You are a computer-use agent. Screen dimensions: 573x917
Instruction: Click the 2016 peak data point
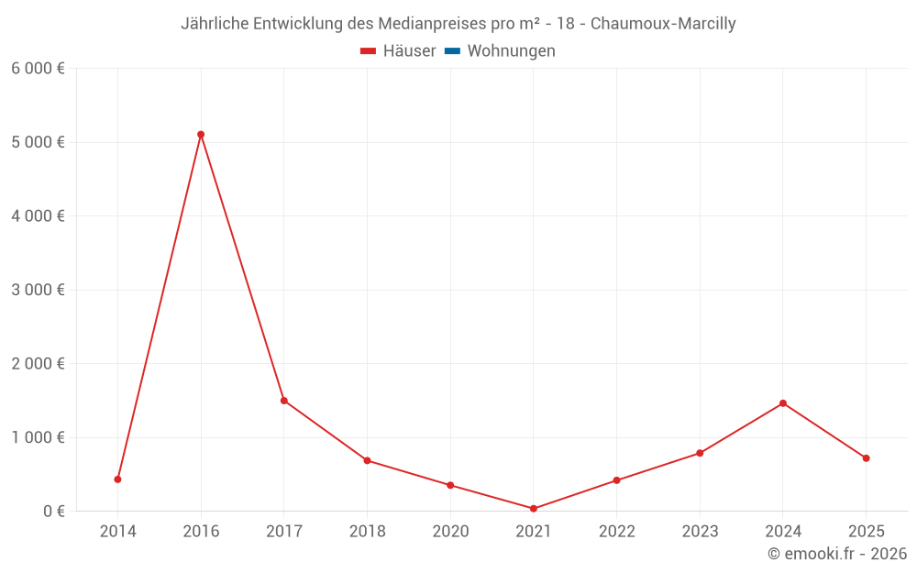tap(201, 135)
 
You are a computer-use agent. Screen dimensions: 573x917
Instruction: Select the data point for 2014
tap(117, 479)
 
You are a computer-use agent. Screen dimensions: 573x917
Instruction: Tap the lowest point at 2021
tap(534, 509)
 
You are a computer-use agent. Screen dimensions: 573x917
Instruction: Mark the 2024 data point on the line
tap(783, 403)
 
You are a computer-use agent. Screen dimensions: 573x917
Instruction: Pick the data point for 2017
tap(284, 401)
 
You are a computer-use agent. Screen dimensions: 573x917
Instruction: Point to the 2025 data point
tap(866, 458)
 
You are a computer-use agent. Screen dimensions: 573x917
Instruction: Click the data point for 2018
tap(367, 460)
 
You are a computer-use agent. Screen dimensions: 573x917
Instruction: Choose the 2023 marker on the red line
tap(700, 453)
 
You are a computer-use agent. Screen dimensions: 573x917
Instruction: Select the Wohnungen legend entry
tap(511, 51)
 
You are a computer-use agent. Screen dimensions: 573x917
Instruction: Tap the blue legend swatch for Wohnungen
tap(452, 51)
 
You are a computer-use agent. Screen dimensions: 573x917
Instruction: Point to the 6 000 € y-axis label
tap(38, 69)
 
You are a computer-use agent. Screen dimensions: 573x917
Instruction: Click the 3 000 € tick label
tap(38, 290)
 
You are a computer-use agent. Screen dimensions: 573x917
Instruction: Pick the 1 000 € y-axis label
tap(38, 437)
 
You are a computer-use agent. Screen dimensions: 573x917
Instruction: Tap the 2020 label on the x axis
tap(450, 532)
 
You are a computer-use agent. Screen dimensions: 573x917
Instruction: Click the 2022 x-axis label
tap(616, 532)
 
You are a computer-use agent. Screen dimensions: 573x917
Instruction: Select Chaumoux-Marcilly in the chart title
tap(663, 24)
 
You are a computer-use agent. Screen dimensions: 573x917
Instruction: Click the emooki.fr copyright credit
tap(837, 554)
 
